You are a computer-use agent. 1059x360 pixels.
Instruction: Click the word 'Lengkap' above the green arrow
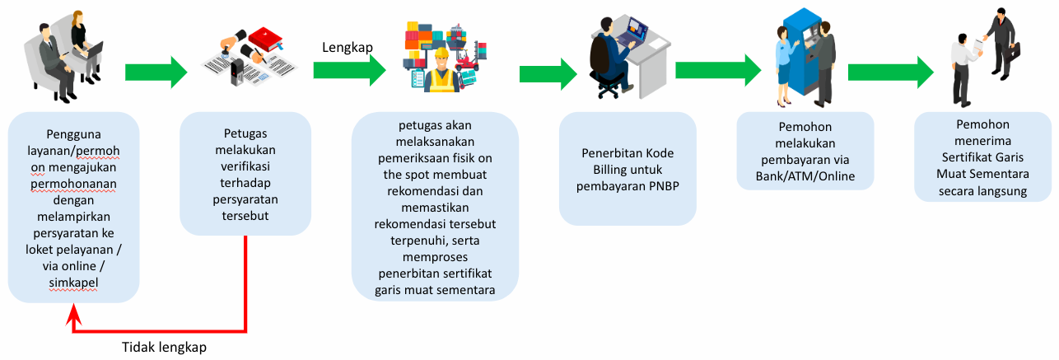348,48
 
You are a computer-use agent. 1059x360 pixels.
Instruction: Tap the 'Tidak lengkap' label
164,347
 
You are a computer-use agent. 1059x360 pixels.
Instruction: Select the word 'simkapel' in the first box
73,283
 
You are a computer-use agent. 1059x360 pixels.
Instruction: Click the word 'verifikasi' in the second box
245,166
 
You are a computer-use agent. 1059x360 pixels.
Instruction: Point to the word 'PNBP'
664,186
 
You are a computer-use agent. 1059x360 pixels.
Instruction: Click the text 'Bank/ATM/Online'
805,176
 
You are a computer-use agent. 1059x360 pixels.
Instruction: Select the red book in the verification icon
266,40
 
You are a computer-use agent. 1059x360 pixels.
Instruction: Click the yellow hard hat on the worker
442,53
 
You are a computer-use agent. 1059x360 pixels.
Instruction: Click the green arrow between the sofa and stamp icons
156,72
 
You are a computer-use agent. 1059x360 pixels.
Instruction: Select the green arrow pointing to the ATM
717,71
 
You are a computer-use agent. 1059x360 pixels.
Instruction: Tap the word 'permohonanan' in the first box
73,184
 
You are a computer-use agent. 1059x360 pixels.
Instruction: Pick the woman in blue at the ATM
784,66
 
